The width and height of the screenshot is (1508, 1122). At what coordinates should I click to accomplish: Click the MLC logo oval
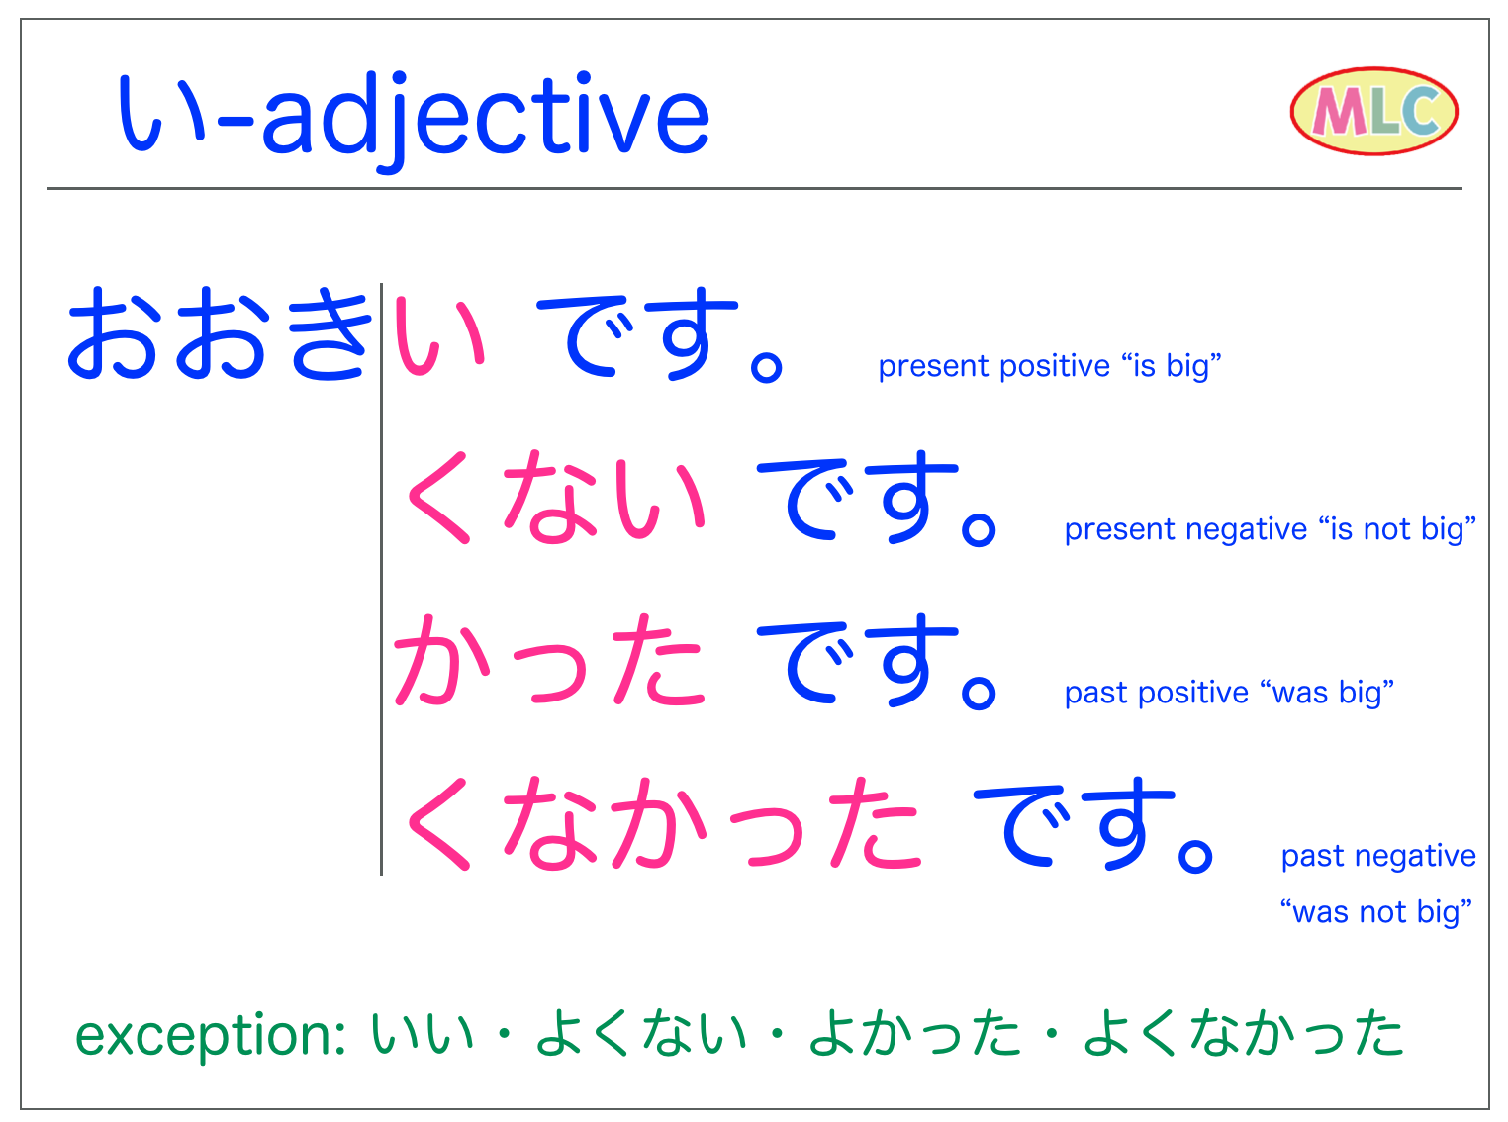pos(1373,112)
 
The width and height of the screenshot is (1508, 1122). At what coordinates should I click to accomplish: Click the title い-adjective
pos(414,117)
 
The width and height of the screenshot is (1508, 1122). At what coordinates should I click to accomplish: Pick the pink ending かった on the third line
pos(549,660)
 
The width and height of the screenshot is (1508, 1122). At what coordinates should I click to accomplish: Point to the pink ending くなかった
pos(661,823)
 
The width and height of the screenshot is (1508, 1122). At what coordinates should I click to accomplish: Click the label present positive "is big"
pos(1049,366)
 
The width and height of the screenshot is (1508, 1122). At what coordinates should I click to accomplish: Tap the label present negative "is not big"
pos(1270,529)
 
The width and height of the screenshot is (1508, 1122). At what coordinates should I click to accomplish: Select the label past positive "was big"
pos(1229,693)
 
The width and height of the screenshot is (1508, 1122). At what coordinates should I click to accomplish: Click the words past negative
pos(1377,856)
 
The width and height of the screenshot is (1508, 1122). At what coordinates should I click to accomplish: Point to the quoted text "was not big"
pos(1375,911)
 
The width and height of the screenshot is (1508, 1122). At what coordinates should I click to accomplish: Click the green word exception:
pos(210,1035)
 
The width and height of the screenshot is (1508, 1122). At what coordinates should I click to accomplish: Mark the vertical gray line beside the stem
pos(381,579)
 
